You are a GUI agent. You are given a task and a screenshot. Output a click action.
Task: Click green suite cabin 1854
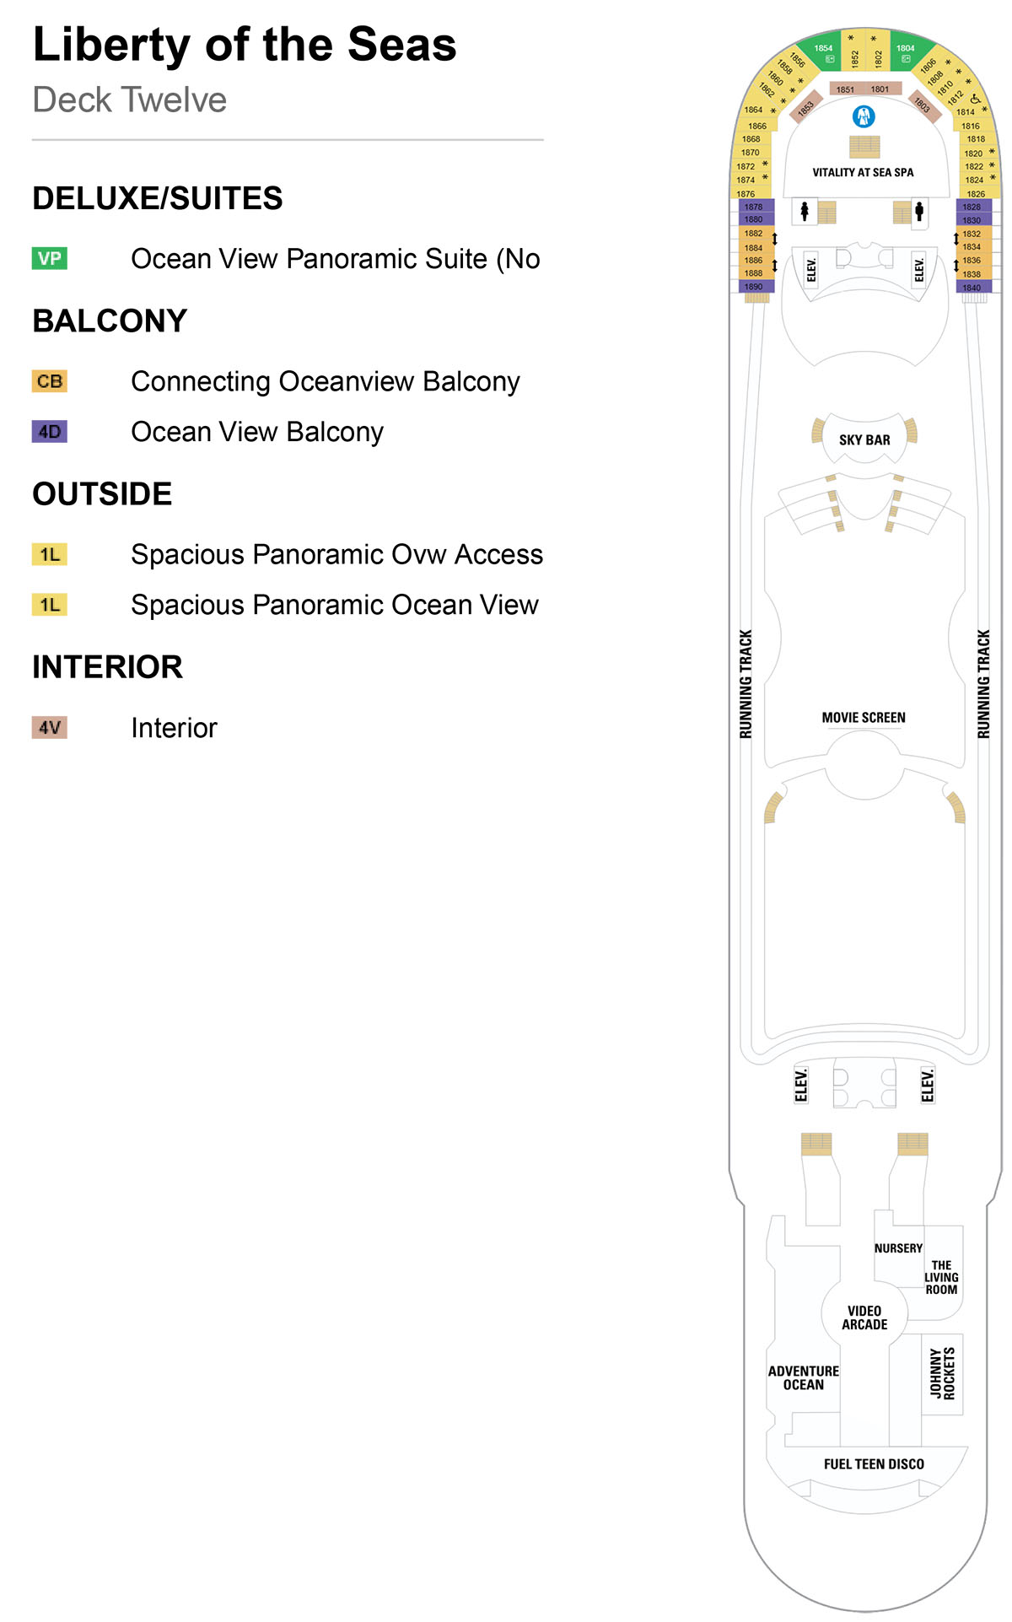click(824, 52)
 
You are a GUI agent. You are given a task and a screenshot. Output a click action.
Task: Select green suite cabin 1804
click(906, 52)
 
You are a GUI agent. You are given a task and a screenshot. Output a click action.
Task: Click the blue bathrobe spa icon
click(864, 116)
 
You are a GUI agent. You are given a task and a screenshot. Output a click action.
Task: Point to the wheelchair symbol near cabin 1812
click(976, 99)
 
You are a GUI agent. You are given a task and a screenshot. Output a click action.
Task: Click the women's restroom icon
click(805, 211)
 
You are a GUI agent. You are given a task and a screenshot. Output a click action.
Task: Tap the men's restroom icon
click(919, 211)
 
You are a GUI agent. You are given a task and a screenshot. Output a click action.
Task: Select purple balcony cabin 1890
click(753, 287)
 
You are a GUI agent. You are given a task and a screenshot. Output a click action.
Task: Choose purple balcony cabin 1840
click(972, 288)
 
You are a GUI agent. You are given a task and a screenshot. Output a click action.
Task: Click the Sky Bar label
click(864, 440)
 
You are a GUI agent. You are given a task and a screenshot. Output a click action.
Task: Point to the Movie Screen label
click(864, 718)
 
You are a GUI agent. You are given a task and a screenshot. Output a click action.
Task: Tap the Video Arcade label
click(864, 1318)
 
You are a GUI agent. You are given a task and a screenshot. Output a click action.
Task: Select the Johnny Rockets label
click(942, 1372)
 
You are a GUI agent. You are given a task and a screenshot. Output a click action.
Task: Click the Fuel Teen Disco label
click(874, 1464)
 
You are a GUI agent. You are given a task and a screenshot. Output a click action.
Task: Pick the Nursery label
click(898, 1248)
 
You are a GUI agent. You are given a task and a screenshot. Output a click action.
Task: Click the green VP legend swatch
click(50, 258)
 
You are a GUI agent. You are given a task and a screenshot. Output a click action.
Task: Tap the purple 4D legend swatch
click(50, 432)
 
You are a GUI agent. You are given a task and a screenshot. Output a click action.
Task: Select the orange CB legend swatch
click(50, 381)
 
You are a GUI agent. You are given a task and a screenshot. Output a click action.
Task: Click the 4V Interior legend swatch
click(50, 727)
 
